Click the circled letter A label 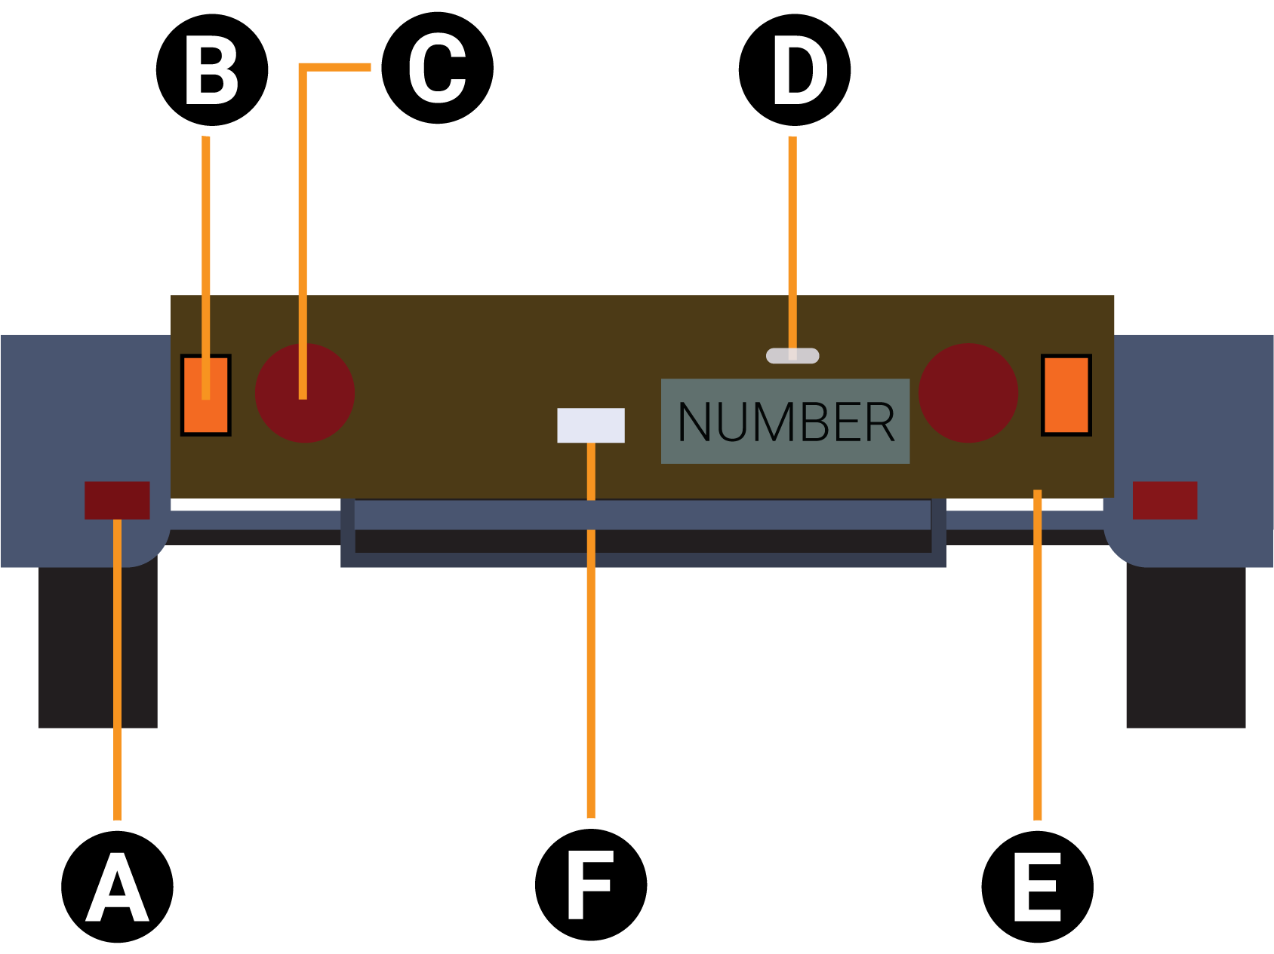coord(117,887)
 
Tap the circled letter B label coord(212,70)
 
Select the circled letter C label coord(437,69)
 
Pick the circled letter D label coord(794,70)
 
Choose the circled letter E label coord(1037,887)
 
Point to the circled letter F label coord(590,885)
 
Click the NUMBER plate coord(785,421)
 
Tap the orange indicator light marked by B coord(205,394)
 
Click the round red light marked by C coord(305,393)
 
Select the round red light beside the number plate coord(968,393)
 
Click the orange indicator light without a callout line coord(1066,394)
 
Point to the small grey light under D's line coord(792,355)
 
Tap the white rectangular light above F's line coord(590,425)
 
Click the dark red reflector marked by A coord(117,500)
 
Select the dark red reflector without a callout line coord(1165,500)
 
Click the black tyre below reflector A coord(98,649)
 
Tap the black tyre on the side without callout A coord(1186,649)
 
